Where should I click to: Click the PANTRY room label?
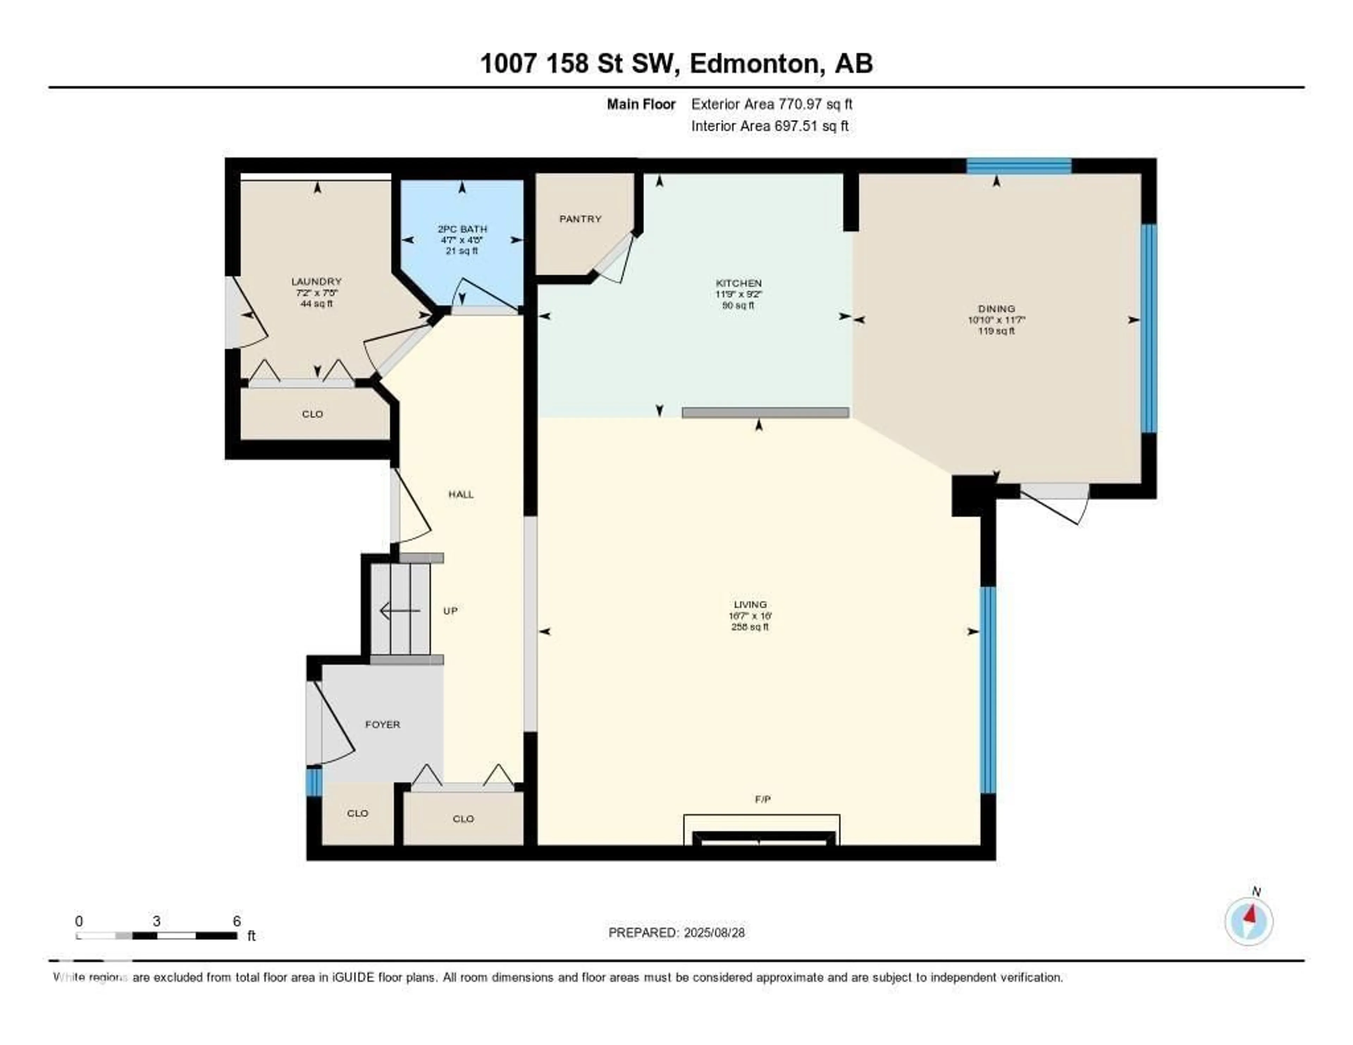tap(580, 219)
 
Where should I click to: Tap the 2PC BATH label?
tap(462, 229)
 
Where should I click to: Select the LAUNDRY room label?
tap(316, 281)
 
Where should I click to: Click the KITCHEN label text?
tap(739, 283)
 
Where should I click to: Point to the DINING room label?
tap(996, 309)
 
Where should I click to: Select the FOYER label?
tap(382, 724)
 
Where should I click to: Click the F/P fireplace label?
tap(762, 799)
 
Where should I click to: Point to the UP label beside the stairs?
tap(450, 611)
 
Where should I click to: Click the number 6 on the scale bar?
tap(237, 921)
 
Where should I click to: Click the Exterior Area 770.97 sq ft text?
tap(771, 104)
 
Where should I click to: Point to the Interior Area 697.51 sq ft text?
tap(770, 126)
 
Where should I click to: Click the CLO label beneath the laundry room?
tap(312, 414)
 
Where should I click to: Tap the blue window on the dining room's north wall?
tap(1019, 166)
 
